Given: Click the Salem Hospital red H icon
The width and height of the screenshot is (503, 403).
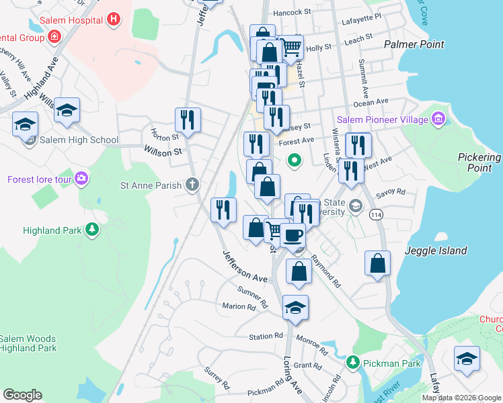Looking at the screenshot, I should (114, 19).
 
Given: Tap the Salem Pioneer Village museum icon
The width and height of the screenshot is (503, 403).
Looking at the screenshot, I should (438, 120).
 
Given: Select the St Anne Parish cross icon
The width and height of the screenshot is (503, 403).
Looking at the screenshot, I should (192, 185).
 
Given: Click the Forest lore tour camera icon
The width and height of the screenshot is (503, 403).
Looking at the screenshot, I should (81, 179).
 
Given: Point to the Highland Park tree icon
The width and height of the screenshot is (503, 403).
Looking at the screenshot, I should (91, 230).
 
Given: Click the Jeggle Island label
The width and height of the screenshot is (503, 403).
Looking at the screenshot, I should (436, 251).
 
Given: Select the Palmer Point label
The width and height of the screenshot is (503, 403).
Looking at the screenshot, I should (414, 44).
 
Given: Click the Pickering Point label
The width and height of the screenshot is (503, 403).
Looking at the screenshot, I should (479, 163).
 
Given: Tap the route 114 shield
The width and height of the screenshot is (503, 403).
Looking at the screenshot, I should (375, 213).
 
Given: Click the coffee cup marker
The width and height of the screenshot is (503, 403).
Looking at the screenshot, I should (293, 236).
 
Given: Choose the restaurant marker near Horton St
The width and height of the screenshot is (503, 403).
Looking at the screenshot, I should (188, 120).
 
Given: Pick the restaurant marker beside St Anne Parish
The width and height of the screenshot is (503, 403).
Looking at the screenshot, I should (224, 209).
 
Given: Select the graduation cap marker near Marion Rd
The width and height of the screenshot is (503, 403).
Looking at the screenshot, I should (295, 307).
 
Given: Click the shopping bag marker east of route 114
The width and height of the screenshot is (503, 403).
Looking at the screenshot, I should (378, 263).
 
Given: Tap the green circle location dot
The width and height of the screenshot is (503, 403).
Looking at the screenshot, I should (294, 160).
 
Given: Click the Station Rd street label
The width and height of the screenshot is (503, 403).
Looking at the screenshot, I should (266, 336).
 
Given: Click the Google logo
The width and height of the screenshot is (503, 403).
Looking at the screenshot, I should (23, 394).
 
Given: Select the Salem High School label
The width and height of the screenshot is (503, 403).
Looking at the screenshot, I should (79, 140).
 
